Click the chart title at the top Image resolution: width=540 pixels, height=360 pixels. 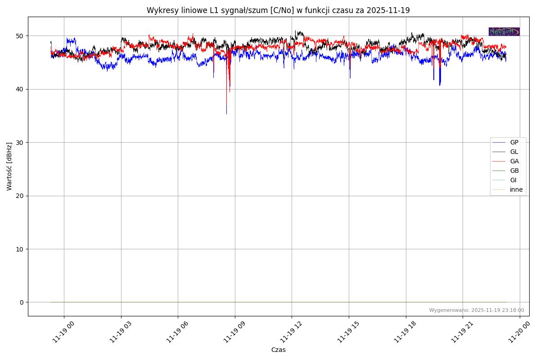coord(278,10)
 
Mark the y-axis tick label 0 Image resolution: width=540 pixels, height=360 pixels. coord(21,302)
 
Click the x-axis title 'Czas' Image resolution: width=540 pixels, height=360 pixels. coord(278,350)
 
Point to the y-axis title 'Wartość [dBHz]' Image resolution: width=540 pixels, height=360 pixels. coord(9,166)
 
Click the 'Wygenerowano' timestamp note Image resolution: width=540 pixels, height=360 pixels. coord(477,310)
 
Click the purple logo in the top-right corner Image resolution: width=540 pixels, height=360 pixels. coord(504,31)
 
